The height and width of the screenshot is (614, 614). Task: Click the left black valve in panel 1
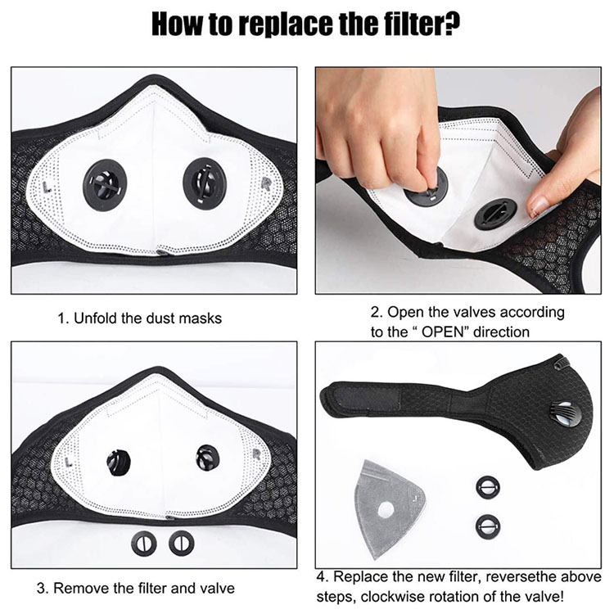tap(105, 185)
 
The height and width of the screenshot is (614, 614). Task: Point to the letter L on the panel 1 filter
tap(48, 187)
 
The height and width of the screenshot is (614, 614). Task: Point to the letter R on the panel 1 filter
tap(265, 183)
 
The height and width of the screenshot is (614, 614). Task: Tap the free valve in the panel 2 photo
tap(495, 214)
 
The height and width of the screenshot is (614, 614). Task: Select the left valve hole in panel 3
tap(118, 463)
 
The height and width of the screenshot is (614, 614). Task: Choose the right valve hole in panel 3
tap(208, 458)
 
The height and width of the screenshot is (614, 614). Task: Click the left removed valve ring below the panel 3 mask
tap(144, 544)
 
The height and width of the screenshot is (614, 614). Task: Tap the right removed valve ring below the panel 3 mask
tap(181, 543)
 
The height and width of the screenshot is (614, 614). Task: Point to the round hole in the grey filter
tap(386, 509)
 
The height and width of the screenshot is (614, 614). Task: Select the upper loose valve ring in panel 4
tap(488, 487)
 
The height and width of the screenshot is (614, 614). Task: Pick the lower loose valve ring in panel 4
tap(488, 525)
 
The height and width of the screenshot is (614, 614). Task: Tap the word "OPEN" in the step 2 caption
tap(442, 332)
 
